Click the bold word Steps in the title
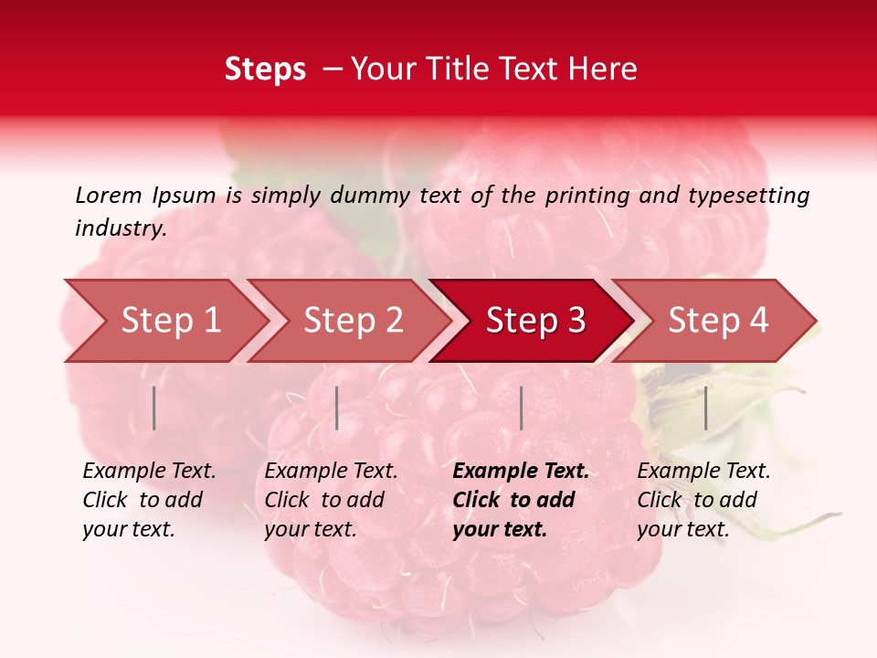pos(265,69)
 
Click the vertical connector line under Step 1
pos(154,408)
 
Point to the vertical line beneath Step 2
pos(337,408)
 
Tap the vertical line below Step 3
pos(521,408)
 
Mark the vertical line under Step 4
pos(705,408)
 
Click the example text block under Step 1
pos(149,500)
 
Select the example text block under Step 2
pos(331,500)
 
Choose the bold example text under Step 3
pos(521,500)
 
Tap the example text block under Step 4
pos(703,500)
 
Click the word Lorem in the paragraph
pos(108,195)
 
